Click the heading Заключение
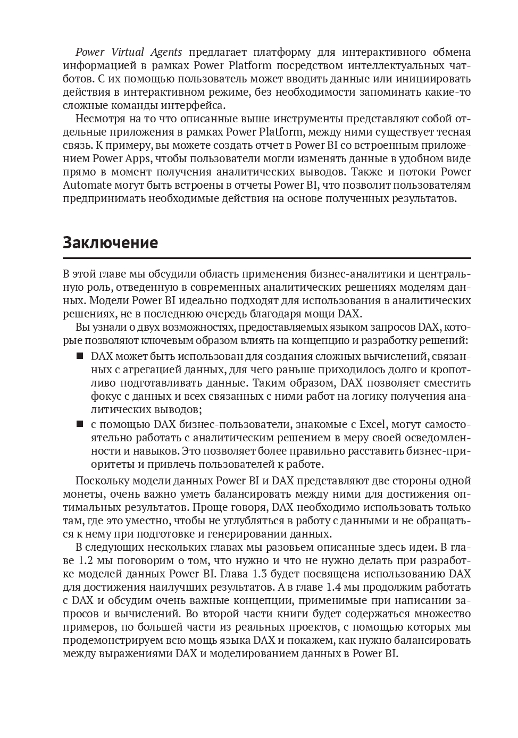(110, 243)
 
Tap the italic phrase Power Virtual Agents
(129, 52)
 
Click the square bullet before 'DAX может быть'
(80, 356)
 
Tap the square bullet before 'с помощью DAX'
(80, 424)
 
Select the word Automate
(87, 185)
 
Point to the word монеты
(79, 493)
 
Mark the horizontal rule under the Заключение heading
(266, 257)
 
